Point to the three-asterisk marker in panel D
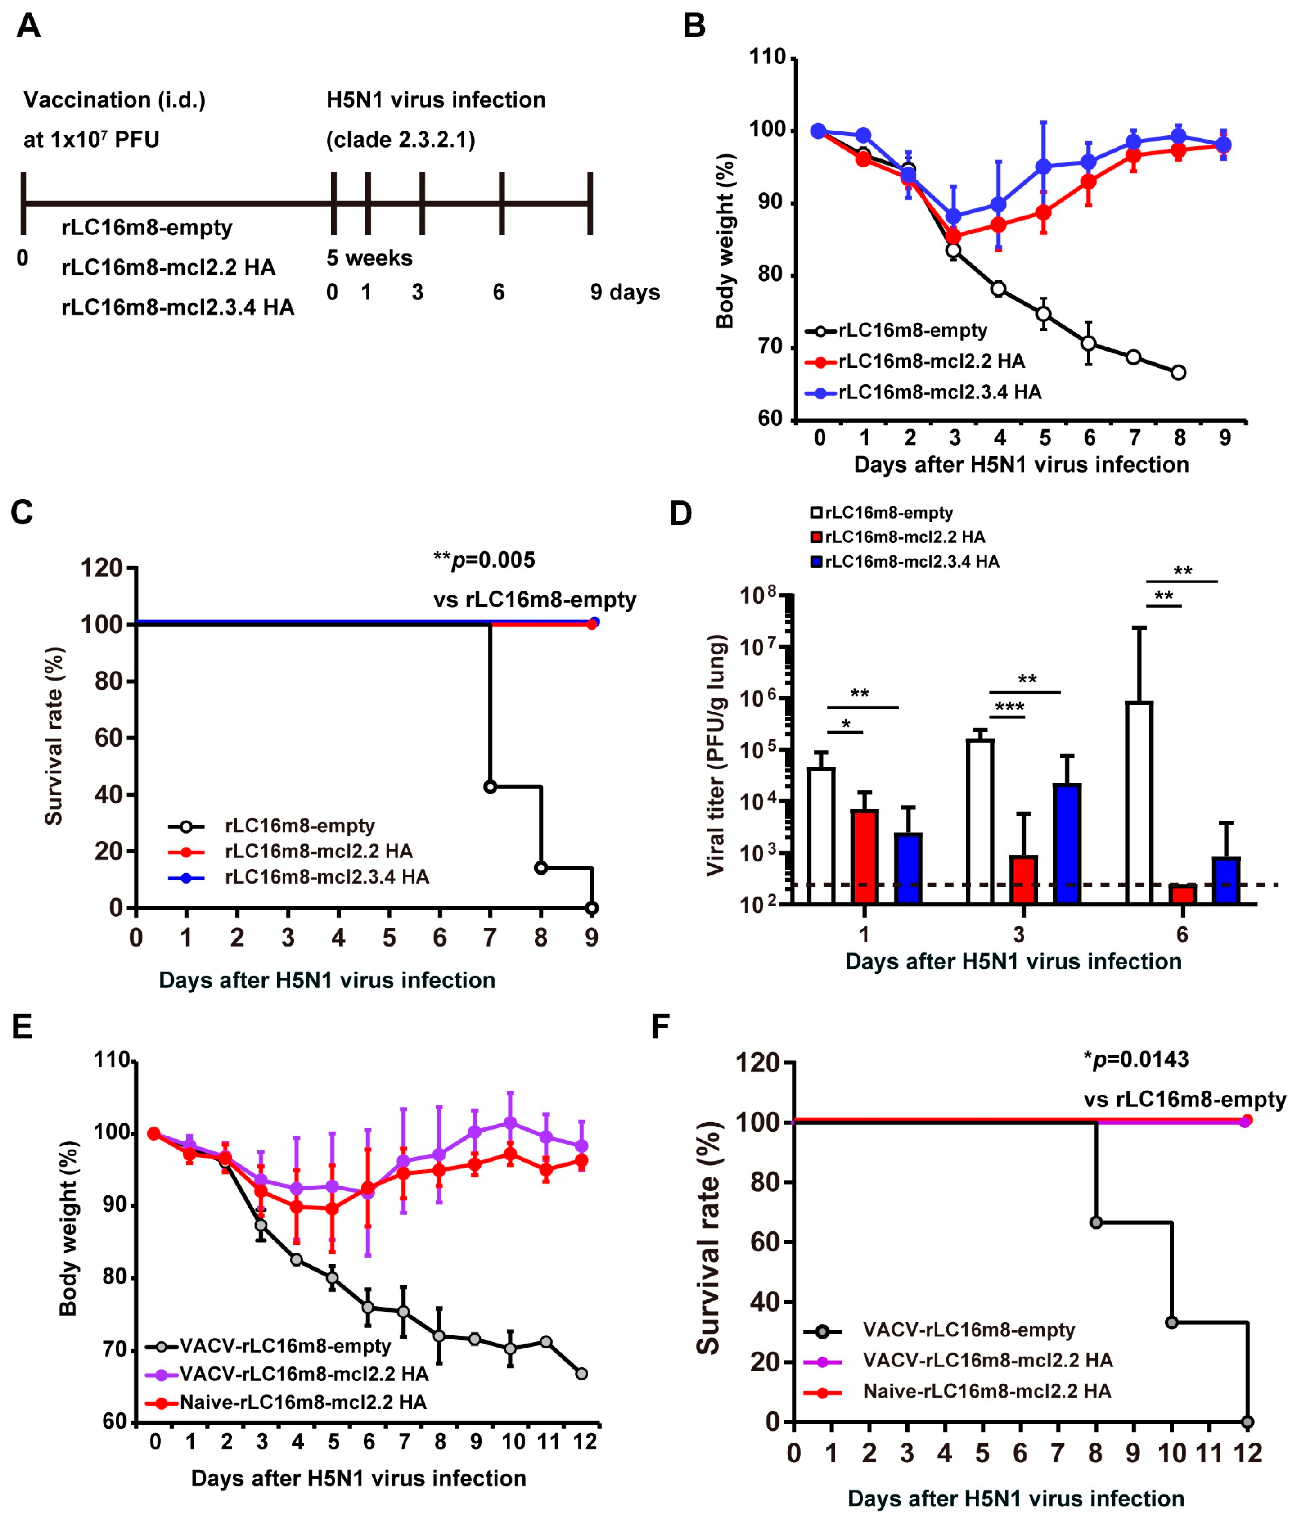coord(1009,708)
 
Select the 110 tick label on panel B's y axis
coord(767,57)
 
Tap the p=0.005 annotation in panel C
coord(485,560)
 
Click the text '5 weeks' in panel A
coord(369,258)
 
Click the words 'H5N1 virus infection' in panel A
coord(436,99)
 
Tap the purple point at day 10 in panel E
coord(511,1123)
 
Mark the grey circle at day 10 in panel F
coord(1171,1322)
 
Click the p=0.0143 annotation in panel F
coord(1136,1060)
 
